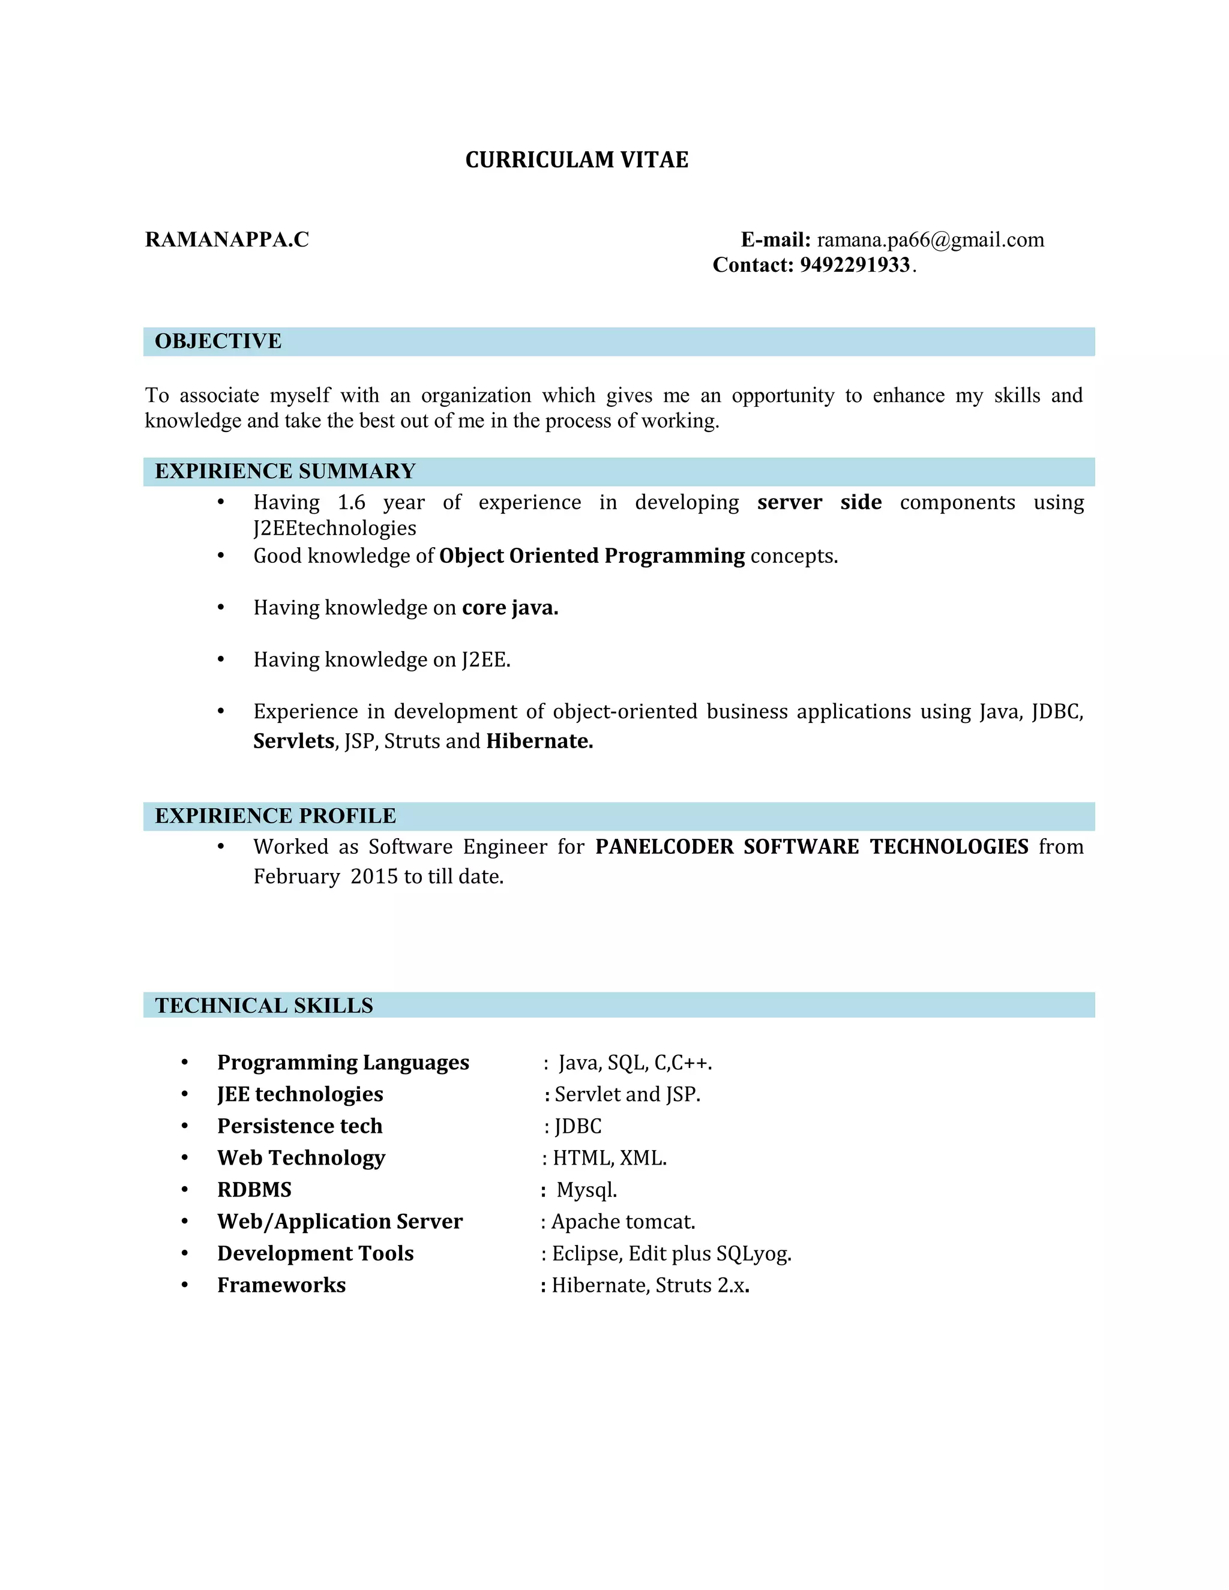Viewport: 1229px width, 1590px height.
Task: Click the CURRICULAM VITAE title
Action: click(577, 160)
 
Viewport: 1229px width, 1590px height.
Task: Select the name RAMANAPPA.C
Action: click(227, 239)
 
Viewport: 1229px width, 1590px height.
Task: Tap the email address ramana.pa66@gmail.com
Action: click(930, 239)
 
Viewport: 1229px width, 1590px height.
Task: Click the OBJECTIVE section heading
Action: click(218, 341)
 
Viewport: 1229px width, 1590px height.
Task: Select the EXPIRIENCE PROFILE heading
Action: click(275, 816)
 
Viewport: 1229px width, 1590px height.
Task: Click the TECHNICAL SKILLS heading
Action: click(263, 1006)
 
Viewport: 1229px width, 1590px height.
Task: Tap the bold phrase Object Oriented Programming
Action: click(592, 556)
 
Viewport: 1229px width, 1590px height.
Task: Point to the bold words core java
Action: click(509, 608)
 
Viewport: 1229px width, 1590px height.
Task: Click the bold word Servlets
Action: click(293, 741)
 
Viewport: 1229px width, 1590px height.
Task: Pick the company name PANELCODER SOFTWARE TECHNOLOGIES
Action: click(812, 847)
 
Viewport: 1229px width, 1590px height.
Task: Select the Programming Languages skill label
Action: click(343, 1063)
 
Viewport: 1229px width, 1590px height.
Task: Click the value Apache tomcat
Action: click(624, 1222)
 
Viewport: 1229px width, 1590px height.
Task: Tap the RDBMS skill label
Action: click(254, 1190)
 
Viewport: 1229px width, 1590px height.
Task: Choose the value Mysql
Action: click(587, 1190)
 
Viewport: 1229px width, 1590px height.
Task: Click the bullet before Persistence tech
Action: click(185, 1126)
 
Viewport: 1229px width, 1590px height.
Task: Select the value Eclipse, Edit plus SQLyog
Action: click(672, 1253)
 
